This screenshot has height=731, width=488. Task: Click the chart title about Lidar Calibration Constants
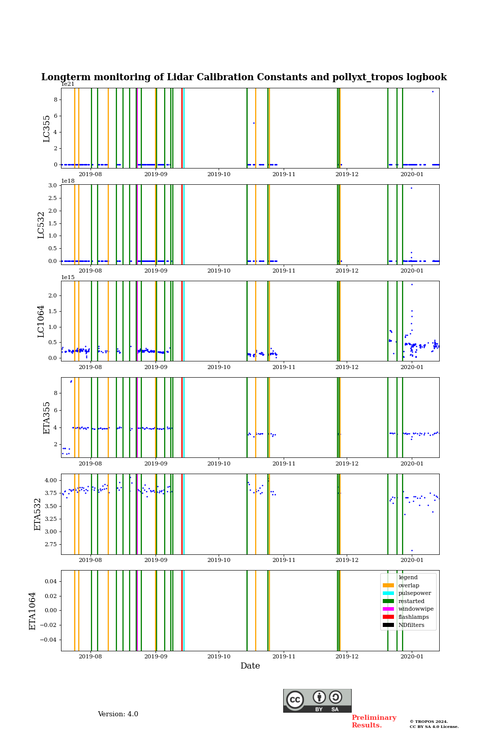click(244, 77)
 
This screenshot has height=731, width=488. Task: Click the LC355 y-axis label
click(47, 128)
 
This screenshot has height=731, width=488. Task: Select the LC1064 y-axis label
click(41, 321)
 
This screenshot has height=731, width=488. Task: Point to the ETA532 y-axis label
click(38, 514)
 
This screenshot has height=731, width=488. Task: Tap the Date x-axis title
click(250, 666)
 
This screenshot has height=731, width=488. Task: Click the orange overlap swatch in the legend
click(388, 585)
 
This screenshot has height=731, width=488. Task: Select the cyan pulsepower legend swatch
click(388, 593)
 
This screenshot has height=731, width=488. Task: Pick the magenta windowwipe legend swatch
click(388, 609)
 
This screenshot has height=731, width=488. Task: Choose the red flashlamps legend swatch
click(388, 617)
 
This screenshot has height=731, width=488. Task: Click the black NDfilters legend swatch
click(388, 625)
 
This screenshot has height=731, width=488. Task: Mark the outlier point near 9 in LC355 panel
click(433, 91)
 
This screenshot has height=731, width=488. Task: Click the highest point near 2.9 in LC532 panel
click(411, 188)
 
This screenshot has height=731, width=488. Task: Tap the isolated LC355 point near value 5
click(254, 123)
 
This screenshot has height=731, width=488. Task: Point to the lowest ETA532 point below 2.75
click(412, 550)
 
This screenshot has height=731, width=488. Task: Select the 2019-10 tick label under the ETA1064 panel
click(219, 656)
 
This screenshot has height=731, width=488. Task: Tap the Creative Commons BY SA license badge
click(317, 701)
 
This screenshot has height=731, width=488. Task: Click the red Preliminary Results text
click(374, 721)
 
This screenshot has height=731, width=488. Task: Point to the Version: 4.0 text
click(118, 714)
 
